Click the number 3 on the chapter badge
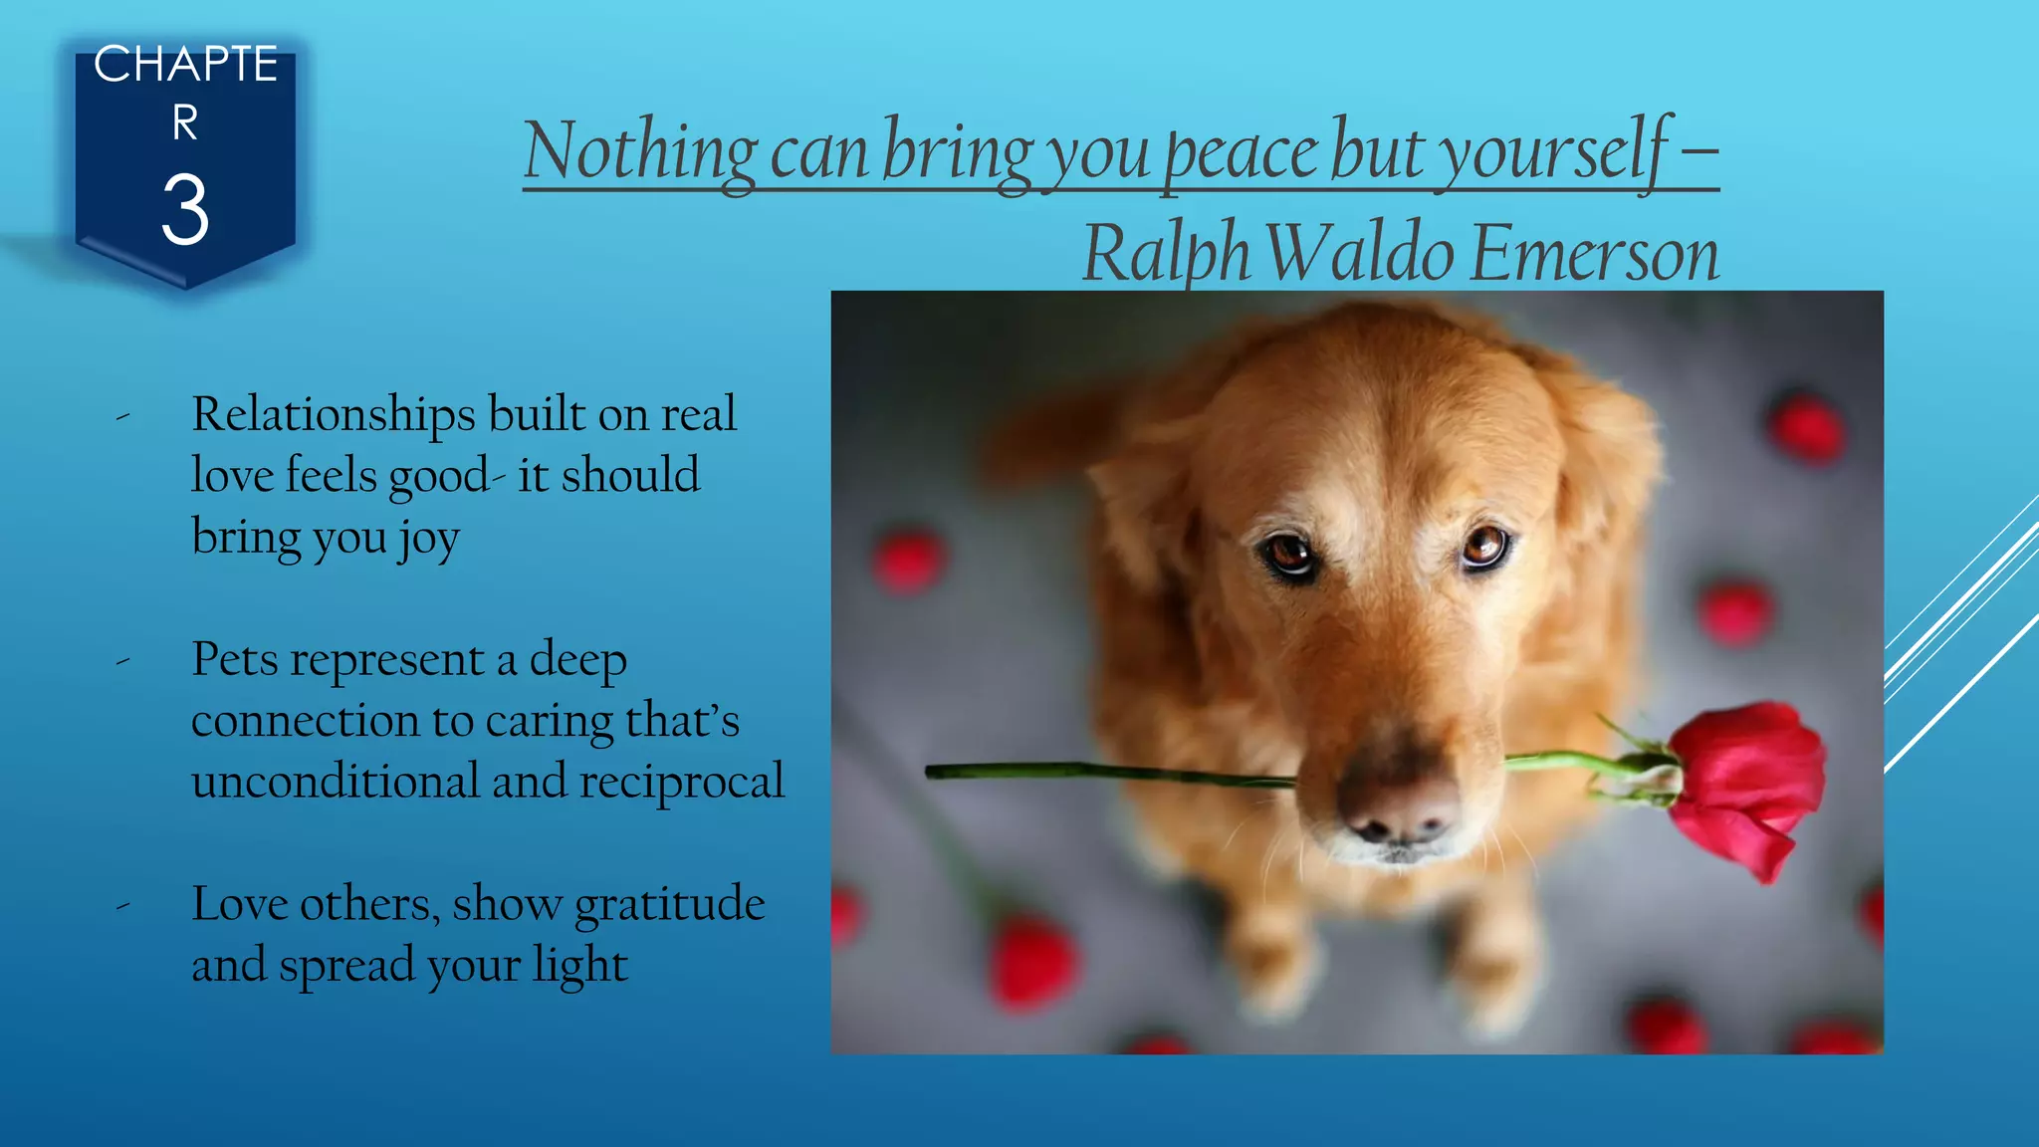[x=185, y=210]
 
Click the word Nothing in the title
[x=640, y=151]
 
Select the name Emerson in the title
[x=1594, y=254]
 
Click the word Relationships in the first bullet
[x=334, y=414]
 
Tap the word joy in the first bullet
[x=429, y=540]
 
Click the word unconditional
[x=336, y=782]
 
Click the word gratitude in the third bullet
[x=669, y=904]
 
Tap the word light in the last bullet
[x=579, y=965]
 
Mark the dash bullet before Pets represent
[x=122, y=661]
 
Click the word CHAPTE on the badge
[x=185, y=65]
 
